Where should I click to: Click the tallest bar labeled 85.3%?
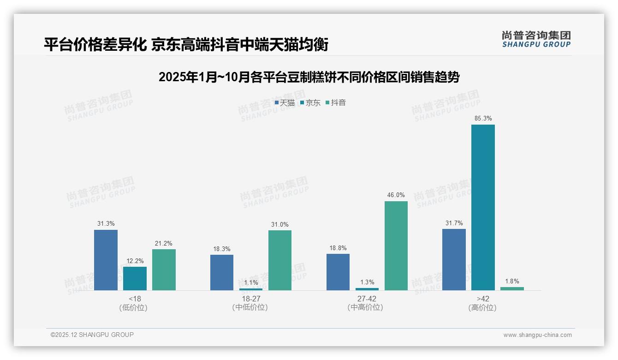pos(483,207)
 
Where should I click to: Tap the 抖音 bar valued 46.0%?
pos(396,246)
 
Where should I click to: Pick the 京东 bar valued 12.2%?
pos(135,278)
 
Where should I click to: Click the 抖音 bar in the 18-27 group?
pos(280,260)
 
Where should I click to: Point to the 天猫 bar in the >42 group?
pos(454,259)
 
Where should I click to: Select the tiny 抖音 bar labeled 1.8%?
pos(512,288)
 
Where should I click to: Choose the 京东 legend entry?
pos(310,102)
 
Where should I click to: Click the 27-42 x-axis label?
pos(367,299)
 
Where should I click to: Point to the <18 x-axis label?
pos(135,299)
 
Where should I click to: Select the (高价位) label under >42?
pos(482,307)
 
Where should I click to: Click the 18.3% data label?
pos(222,249)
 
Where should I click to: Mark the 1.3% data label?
pos(367,282)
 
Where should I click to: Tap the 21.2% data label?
pos(164,243)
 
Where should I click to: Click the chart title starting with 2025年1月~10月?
pos(309,77)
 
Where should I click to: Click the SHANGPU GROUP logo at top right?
pos(536,39)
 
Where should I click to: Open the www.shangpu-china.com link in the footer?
pos(537,335)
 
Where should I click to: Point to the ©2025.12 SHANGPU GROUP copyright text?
pos(92,335)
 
